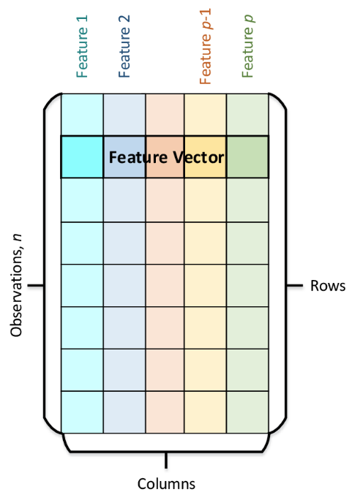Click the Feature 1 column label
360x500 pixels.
pos(82,48)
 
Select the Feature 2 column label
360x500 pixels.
pos(124,48)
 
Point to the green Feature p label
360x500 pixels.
pos(248,48)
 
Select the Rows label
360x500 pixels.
pos(327,286)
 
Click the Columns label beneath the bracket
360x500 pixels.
pos(166,483)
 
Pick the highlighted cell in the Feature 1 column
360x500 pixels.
pos(82,156)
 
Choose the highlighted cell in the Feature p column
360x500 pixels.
pos(248,156)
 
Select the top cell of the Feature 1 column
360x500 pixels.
pos(82,114)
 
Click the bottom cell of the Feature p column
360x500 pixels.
pos(248,412)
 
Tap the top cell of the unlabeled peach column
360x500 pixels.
pos(165,114)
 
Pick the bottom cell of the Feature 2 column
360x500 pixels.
pos(124,412)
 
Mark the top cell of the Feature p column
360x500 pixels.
pos(248,114)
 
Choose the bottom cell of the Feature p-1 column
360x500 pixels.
pos(206,412)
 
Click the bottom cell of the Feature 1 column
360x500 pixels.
pos(82,412)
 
